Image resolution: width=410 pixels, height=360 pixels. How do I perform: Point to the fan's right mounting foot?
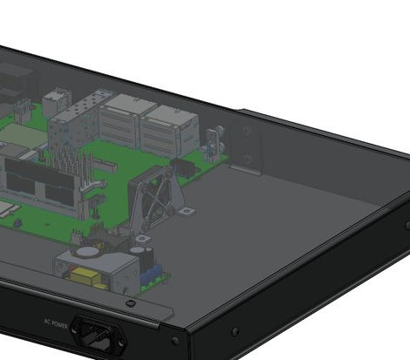point(186,211)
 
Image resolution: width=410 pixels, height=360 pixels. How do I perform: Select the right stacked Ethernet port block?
point(170,128)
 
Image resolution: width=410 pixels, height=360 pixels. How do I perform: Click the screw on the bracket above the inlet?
point(130,302)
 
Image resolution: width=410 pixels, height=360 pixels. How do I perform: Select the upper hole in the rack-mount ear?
point(247,132)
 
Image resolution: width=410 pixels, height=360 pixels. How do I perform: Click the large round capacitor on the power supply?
point(140,258)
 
